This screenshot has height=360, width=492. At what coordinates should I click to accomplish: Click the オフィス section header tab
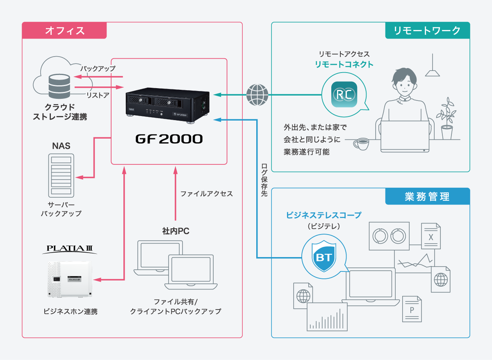click(64, 30)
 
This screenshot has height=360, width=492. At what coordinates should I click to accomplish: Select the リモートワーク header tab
click(427, 30)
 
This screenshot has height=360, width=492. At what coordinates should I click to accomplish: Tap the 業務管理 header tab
click(427, 196)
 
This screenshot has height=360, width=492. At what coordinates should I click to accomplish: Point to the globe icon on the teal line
click(257, 95)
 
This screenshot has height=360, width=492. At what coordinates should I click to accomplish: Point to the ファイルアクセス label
click(206, 194)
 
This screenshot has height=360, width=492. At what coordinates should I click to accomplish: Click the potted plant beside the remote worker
click(447, 119)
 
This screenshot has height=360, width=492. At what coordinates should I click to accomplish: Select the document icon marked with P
click(412, 308)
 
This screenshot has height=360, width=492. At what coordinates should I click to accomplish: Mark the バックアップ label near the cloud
click(98, 68)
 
